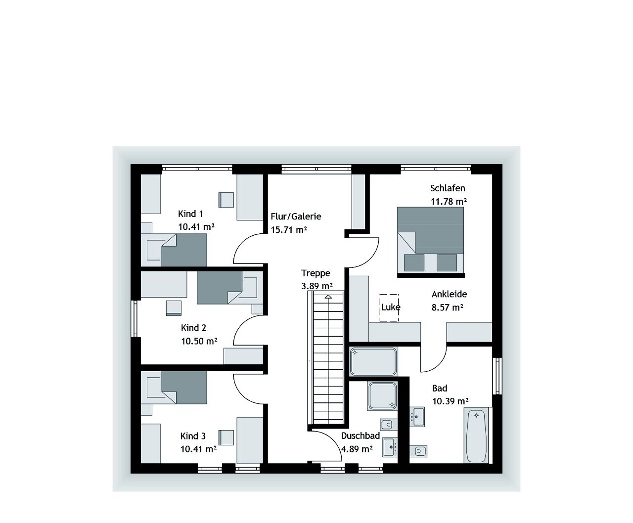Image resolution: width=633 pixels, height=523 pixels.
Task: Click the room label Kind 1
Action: (x=190, y=214)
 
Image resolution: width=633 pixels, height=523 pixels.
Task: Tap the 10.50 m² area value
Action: (x=199, y=341)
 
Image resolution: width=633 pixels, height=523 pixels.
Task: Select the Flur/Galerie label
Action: (x=296, y=217)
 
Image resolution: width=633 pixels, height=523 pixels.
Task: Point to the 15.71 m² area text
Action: (x=289, y=230)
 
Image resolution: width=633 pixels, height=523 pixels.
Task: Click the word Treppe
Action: (x=316, y=273)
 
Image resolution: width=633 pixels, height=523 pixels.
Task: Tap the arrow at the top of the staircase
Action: (x=328, y=297)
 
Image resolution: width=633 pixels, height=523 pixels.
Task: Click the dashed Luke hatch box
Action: (x=389, y=307)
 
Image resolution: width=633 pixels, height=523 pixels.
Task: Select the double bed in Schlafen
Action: (x=430, y=240)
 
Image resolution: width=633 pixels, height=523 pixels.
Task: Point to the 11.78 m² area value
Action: (x=449, y=201)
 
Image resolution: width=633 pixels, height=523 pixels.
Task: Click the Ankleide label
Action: (x=449, y=294)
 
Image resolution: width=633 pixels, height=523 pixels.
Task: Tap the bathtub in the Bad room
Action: (x=477, y=436)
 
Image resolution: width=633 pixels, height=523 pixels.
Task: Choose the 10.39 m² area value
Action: (x=450, y=401)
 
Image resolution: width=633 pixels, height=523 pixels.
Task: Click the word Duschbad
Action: (x=360, y=436)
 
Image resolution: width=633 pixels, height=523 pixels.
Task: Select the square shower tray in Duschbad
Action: (x=382, y=395)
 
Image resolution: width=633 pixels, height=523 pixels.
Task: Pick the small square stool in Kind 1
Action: (x=226, y=199)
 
